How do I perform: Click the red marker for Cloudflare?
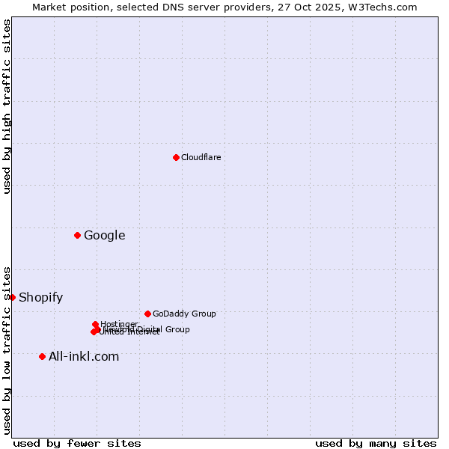[x=176, y=157]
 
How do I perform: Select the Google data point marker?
[x=77, y=236]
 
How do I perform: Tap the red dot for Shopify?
[x=13, y=297]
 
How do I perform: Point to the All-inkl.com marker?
[x=42, y=356]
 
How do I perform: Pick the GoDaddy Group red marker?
[x=147, y=314]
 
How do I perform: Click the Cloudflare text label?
[x=201, y=157]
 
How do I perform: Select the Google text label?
[x=104, y=236]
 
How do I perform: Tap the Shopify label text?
[x=40, y=297]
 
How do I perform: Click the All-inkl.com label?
[x=83, y=356]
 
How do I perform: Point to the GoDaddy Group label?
[x=183, y=314]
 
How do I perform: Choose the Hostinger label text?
[x=119, y=324]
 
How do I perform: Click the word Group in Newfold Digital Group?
[x=178, y=329]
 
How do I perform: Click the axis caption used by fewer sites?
[x=77, y=443]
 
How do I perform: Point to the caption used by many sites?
[x=376, y=443]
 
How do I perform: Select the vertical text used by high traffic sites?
[x=7, y=107]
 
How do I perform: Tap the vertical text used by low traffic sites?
[x=7, y=349]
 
